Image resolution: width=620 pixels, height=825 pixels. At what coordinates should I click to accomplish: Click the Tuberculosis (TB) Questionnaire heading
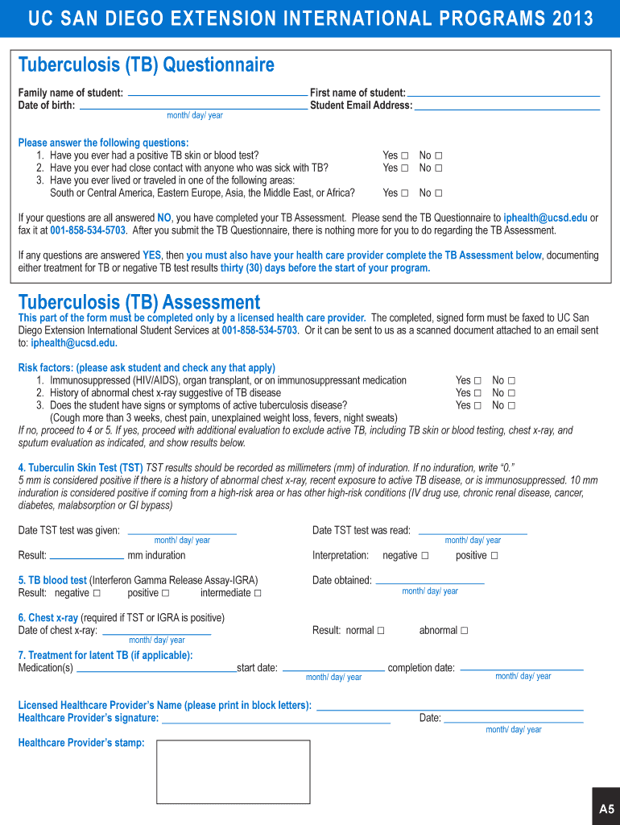[x=146, y=64]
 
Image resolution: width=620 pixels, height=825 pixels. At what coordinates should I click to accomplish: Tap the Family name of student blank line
[x=217, y=94]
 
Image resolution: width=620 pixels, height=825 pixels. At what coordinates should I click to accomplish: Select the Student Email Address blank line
[x=506, y=106]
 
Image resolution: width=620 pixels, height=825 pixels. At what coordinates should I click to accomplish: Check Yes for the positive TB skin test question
[x=404, y=155]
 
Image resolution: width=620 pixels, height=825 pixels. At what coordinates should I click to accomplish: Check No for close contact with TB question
[x=439, y=168]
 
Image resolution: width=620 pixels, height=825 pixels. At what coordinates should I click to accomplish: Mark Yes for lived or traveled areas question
[x=404, y=193]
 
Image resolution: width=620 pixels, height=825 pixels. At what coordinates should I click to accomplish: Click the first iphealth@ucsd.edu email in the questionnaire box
[x=545, y=218]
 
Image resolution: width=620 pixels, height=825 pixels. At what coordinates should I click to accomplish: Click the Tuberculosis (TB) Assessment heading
[x=139, y=302]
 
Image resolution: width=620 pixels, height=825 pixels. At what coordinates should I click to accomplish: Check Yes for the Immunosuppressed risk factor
[x=477, y=381]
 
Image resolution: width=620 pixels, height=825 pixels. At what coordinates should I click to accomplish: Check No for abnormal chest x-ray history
[x=511, y=393]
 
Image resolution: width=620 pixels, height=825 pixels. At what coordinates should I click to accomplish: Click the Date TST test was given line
[x=182, y=532]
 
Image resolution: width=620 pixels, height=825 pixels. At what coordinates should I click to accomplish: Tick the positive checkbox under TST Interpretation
[x=494, y=556]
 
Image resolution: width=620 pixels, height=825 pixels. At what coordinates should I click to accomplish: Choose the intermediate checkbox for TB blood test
[x=258, y=594]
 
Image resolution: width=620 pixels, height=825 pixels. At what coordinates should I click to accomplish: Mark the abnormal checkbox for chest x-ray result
[x=464, y=631]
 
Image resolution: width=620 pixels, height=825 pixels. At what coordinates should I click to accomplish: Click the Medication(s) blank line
[x=155, y=670]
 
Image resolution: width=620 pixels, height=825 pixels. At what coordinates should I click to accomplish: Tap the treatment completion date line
[x=520, y=669]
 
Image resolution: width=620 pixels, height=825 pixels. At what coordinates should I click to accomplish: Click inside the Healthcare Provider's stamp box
[x=233, y=772]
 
